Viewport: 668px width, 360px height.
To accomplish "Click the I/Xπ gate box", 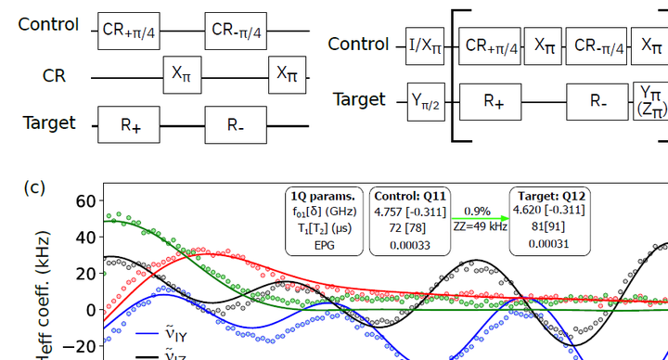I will tap(426, 44).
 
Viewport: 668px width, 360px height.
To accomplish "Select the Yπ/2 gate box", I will tap(426, 100).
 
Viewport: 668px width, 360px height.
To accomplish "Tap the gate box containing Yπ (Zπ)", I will tap(649, 101).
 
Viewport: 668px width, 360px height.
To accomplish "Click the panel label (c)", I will tap(34, 186).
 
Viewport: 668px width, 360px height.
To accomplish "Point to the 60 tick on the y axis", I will tap(86, 201).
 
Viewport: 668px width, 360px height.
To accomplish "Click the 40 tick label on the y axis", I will tap(86, 238).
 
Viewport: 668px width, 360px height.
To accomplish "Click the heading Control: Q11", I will tap(409, 196).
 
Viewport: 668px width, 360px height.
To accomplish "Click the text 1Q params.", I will tap(323, 196).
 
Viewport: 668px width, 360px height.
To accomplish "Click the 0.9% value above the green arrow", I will tap(479, 211).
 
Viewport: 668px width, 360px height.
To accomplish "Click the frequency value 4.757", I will tap(392, 211).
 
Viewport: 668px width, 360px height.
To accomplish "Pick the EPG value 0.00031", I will tap(547, 243).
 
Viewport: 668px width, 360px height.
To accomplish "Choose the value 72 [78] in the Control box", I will tap(409, 226).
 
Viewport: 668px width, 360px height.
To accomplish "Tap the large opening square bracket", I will tap(456, 74).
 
